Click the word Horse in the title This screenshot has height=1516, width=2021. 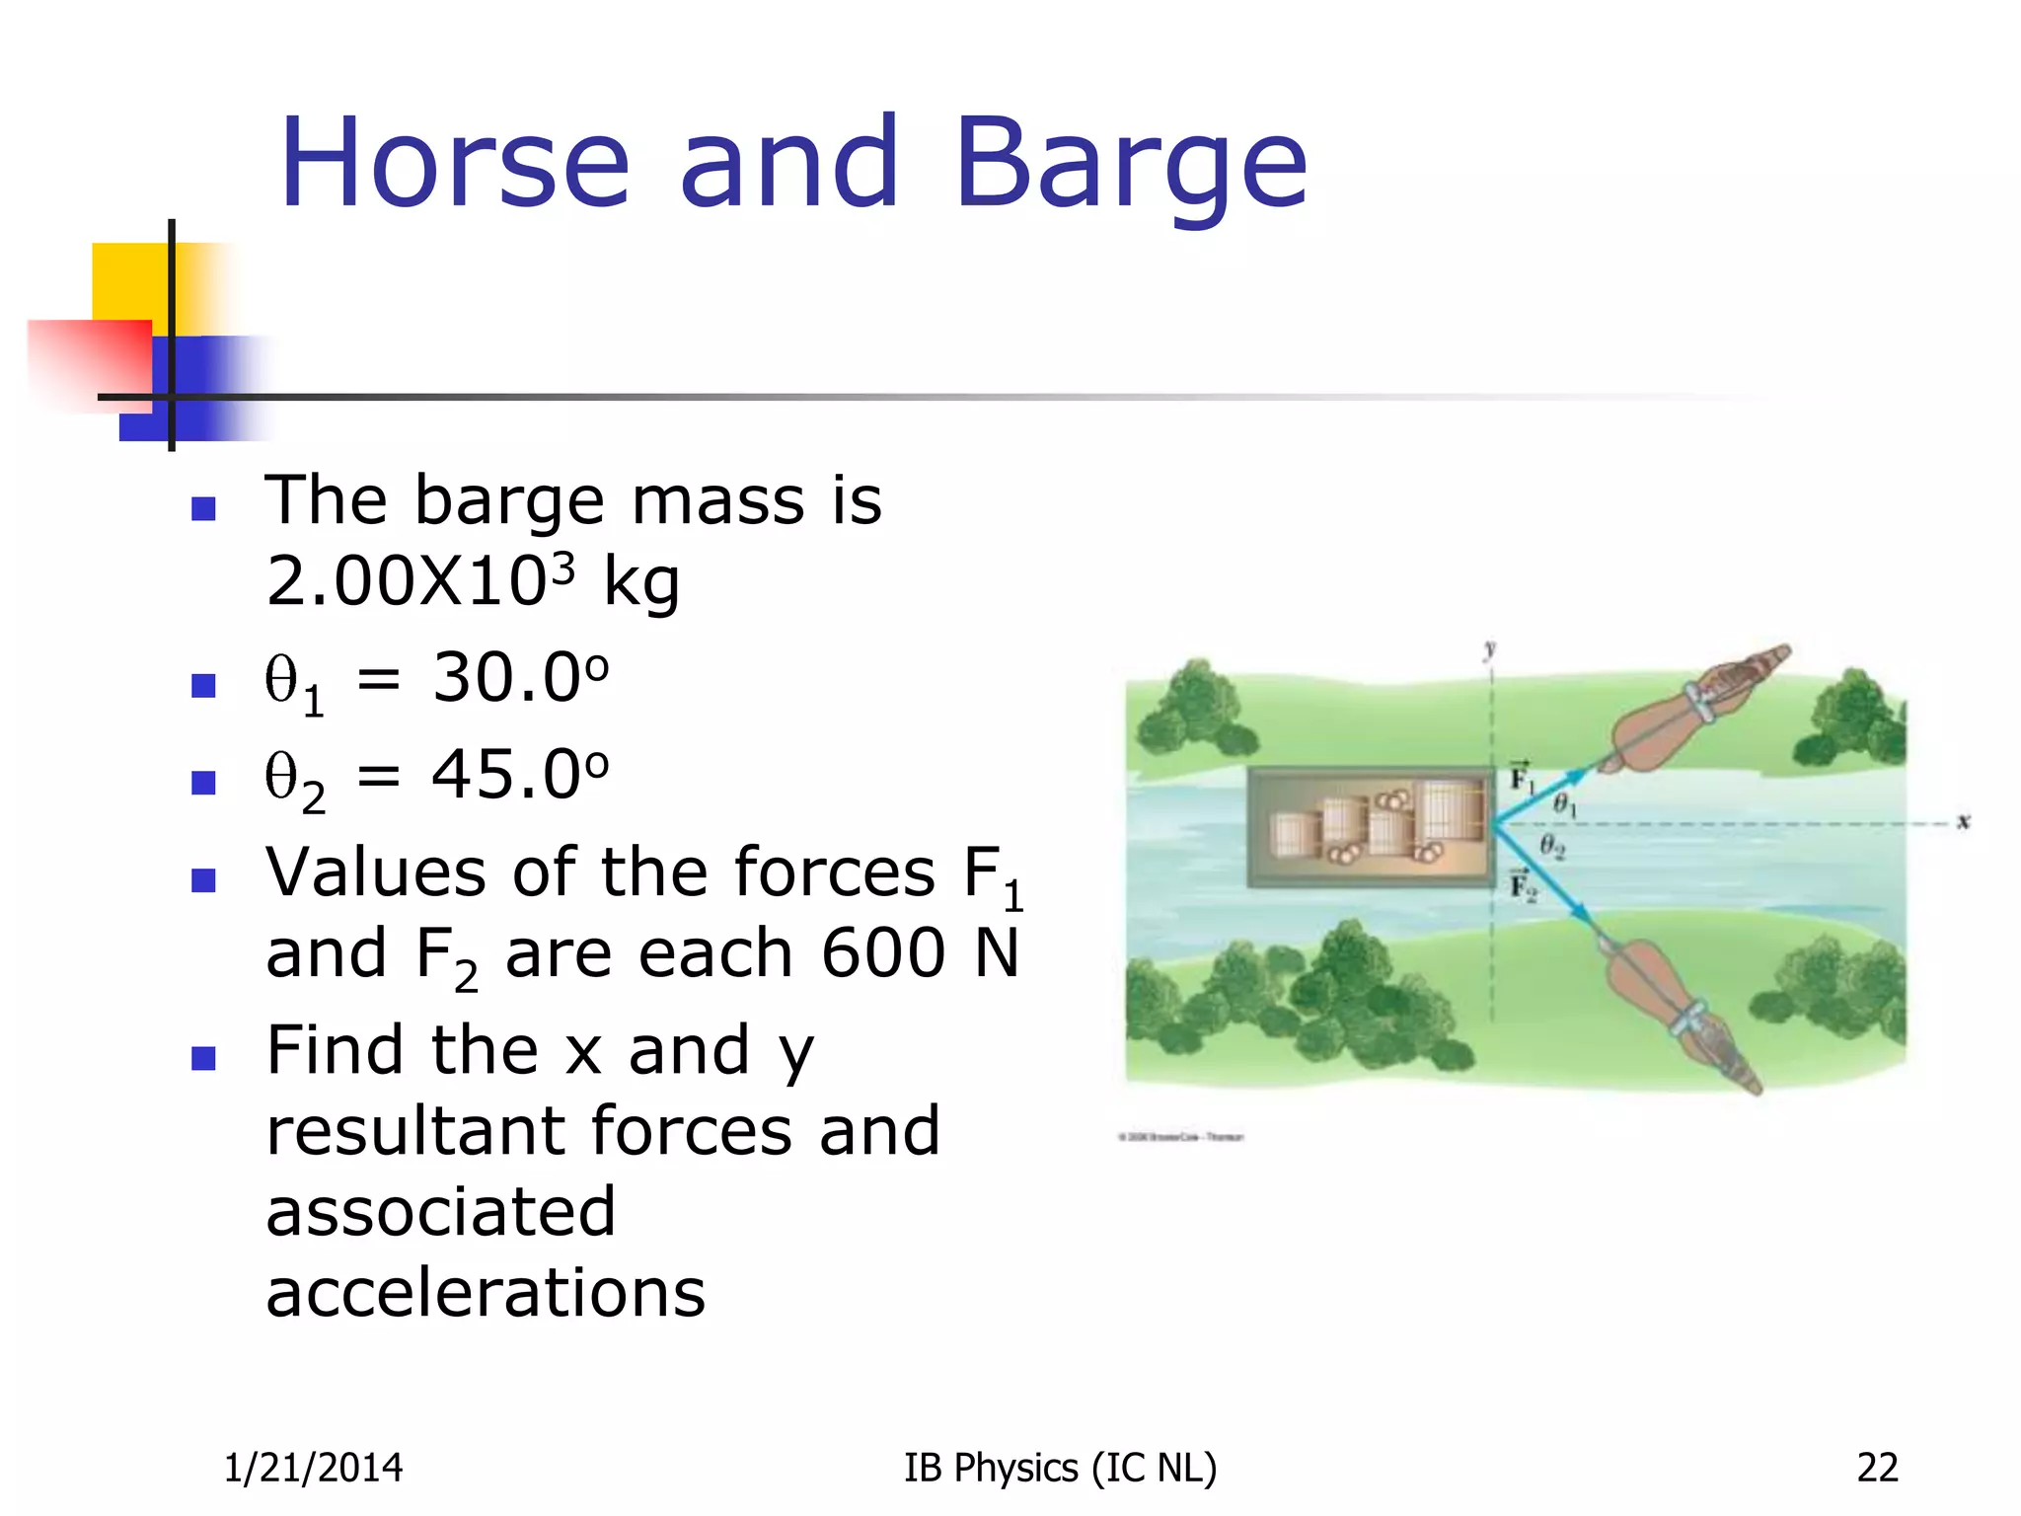(x=455, y=164)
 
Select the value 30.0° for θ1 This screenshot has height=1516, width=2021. (x=520, y=678)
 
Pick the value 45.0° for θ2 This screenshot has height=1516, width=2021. (x=520, y=775)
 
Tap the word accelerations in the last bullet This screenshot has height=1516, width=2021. (x=486, y=1292)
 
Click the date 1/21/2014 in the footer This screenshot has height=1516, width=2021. (x=313, y=1468)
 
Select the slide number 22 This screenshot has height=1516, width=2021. (x=1877, y=1468)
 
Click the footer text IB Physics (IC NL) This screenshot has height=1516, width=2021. (x=1060, y=1468)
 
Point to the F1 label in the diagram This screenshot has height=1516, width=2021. (x=1522, y=779)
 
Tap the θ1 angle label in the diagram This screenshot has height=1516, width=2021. (x=1565, y=805)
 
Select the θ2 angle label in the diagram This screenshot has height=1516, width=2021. (x=1552, y=846)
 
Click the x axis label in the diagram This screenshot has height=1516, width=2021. (x=1963, y=821)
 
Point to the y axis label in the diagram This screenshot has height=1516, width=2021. (x=1489, y=649)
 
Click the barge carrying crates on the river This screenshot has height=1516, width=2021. (x=1372, y=827)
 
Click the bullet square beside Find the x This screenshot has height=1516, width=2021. (x=203, y=1058)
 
